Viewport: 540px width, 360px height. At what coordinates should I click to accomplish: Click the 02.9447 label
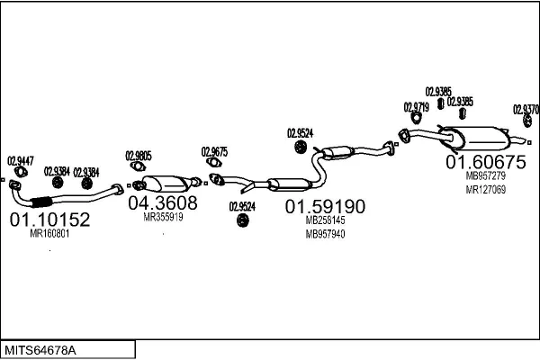point(21,161)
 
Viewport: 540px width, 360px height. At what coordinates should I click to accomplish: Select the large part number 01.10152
point(49,219)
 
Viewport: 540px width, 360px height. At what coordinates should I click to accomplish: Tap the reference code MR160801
point(49,234)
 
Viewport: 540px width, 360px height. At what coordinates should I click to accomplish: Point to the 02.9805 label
point(138,154)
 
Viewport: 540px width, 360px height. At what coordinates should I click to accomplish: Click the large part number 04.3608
point(162,203)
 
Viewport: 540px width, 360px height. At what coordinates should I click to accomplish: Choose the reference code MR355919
point(163,217)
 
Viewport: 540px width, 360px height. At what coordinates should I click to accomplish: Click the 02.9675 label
point(214,151)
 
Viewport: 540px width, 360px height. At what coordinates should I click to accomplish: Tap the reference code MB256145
point(325,220)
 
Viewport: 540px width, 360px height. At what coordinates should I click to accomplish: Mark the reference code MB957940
point(325,234)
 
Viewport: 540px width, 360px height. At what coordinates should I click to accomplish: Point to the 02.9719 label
point(416,107)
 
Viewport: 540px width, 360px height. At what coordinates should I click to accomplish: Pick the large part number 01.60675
point(486,162)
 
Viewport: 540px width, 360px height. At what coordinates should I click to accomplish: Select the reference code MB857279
point(486,177)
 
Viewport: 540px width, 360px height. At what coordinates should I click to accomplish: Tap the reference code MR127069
point(486,190)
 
